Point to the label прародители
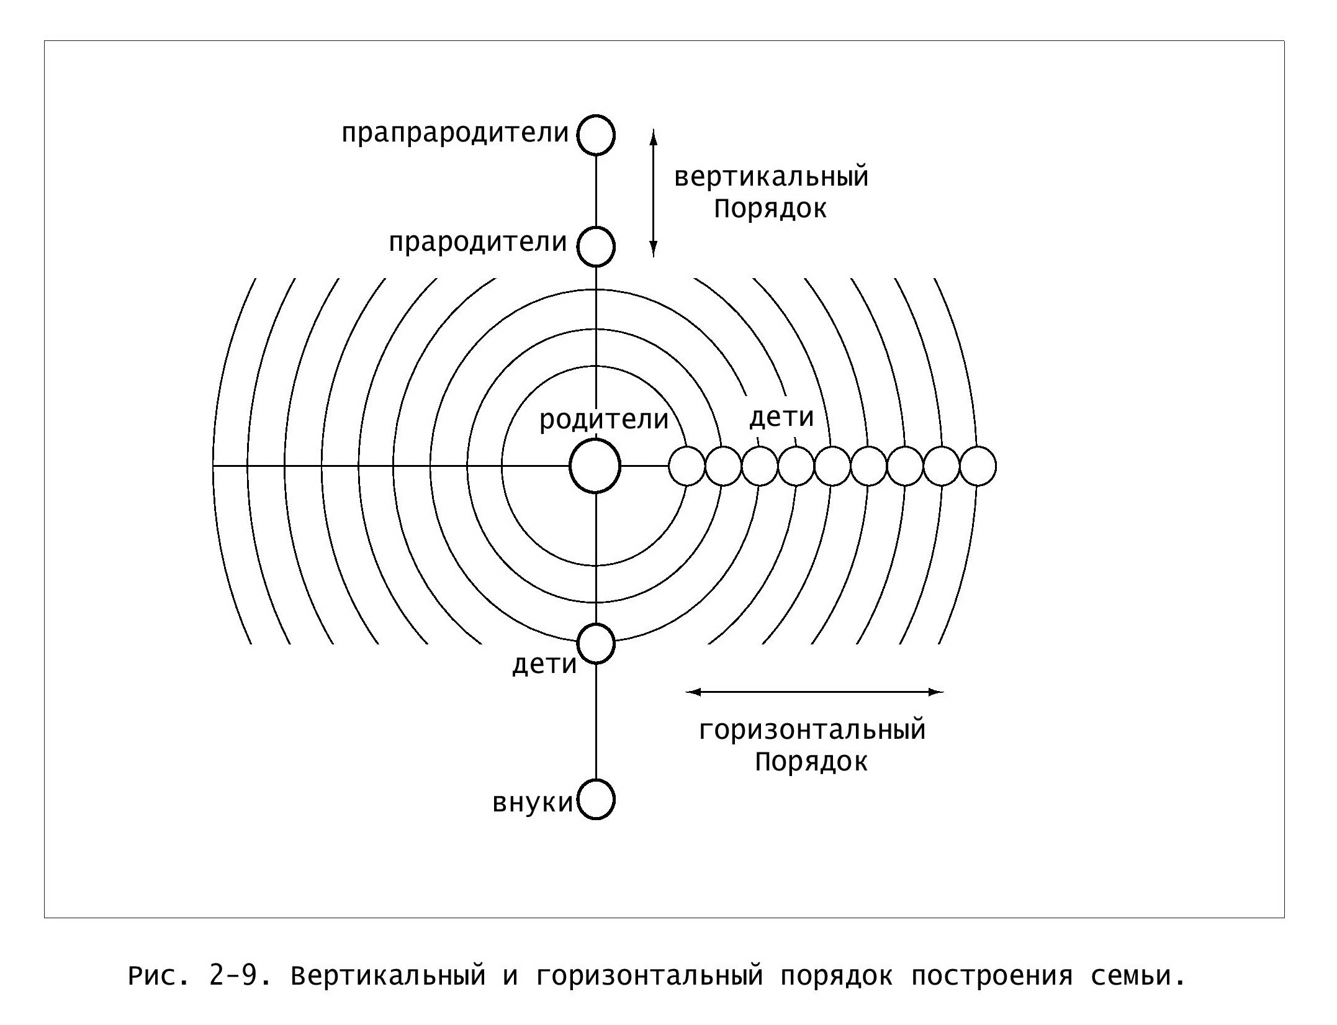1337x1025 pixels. [x=478, y=243]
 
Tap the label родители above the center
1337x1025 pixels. [x=604, y=420]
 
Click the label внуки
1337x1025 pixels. [x=533, y=802]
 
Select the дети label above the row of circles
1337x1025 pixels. [x=781, y=417]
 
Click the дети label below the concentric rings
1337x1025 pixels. [x=544, y=664]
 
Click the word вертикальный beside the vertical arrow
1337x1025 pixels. [x=772, y=177]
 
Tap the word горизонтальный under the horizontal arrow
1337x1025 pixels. [x=813, y=729]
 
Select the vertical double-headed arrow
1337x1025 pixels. [x=653, y=193]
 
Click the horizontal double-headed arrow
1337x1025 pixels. [x=815, y=692]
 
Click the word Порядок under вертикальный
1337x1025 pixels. [x=770, y=209]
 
